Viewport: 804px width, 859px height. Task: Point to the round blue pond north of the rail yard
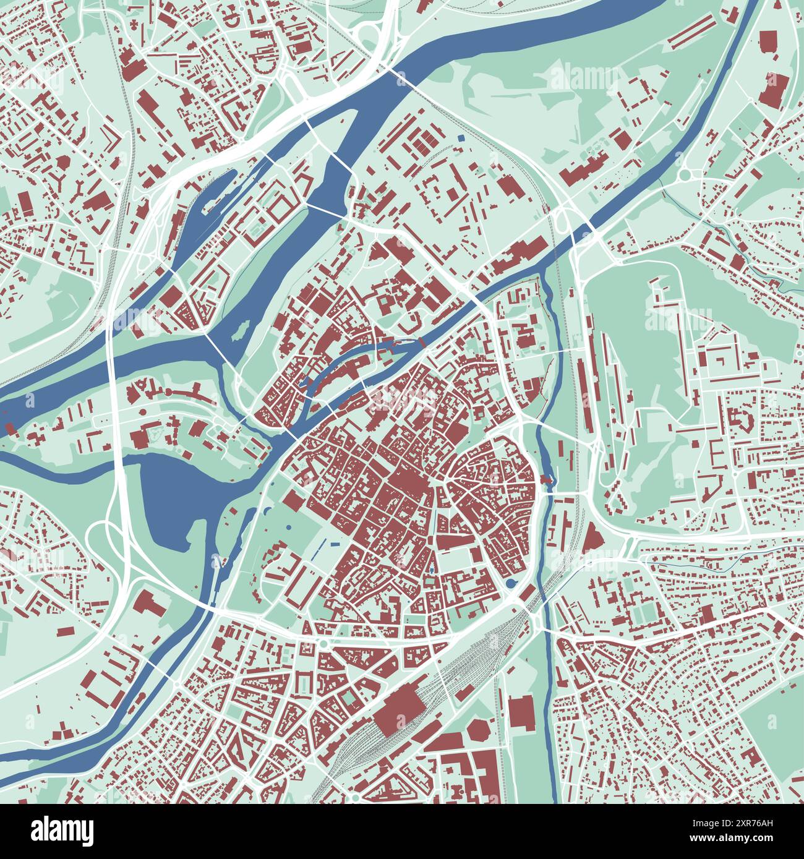pos(510,583)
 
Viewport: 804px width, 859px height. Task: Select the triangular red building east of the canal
pos(592,537)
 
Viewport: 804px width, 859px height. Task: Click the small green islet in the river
pos(240,325)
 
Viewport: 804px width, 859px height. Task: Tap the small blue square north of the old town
pos(460,137)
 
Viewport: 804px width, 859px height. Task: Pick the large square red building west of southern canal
pos(522,711)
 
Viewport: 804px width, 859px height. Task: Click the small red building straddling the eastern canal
pos(546,479)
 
